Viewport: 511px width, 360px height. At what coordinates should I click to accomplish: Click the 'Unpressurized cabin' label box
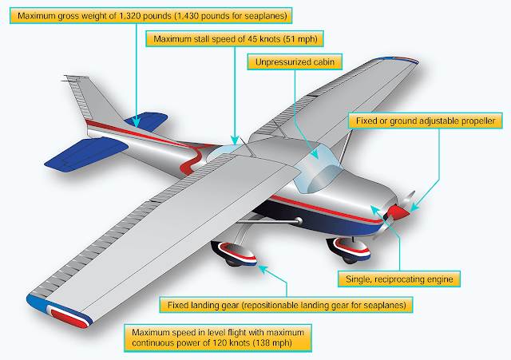295,62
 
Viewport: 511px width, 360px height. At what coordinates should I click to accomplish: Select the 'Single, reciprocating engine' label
399,279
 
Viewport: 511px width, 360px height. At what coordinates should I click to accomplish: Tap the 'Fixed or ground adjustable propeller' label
426,121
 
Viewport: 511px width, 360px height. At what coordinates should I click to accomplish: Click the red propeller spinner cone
398,212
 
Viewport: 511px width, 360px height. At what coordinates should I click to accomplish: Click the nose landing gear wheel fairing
350,248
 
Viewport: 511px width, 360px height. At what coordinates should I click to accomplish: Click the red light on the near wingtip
69,318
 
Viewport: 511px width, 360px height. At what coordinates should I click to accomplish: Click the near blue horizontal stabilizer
86,154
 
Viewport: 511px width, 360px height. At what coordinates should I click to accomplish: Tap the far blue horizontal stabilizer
147,121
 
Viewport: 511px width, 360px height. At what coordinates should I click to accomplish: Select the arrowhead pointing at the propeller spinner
414,207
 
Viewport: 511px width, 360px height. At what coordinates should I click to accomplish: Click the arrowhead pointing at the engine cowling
374,209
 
